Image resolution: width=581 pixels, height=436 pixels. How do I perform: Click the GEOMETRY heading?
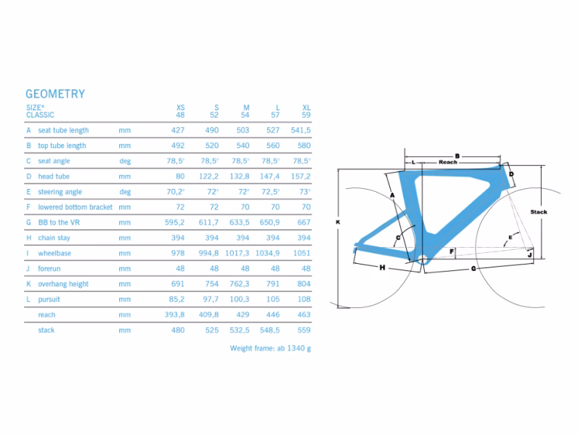(x=55, y=94)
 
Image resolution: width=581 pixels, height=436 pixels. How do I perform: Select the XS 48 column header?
(x=181, y=111)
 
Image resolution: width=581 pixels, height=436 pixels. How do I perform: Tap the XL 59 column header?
(x=306, y=111)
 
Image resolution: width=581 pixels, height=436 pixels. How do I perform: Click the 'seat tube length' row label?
(x=63, y=130)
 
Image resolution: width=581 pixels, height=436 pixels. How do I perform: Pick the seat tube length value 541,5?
(x=301, y=130)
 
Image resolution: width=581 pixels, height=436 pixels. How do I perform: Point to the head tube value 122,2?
(x=209, y=177)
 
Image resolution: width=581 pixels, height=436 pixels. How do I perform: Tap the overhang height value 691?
(x=179, y=284)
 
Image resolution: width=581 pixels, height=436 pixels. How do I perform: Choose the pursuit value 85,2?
(x=177, y=299)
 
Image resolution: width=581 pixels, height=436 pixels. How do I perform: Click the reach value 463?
(x=304, y=315)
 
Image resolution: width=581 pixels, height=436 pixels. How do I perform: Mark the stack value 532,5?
(x=239, y=330)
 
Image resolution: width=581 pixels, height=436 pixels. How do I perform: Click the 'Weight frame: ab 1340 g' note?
(x=270, y=348)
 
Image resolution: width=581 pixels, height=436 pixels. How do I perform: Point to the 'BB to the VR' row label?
(x=59, y=222)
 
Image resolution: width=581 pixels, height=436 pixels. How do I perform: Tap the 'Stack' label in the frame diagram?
(x=538, y=212)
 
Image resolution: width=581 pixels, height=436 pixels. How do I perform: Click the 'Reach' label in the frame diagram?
(x=447, y=162)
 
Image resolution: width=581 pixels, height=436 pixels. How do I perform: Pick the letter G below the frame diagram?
(x=474, y=269)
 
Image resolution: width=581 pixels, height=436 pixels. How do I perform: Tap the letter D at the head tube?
(x=511, y=174)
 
